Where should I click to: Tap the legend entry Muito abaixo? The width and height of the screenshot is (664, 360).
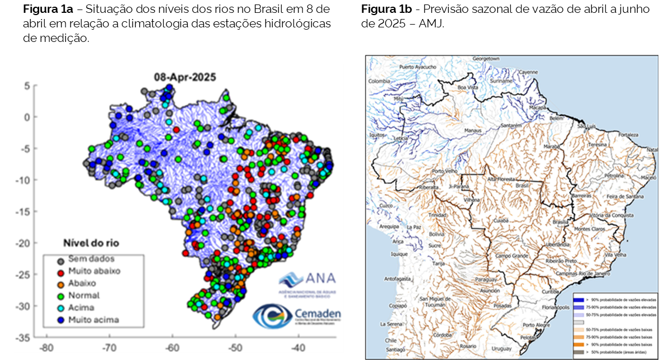pos(94,271)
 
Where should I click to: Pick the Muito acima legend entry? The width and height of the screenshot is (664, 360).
pos(93,320)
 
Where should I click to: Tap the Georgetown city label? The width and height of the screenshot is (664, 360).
pos(485,58)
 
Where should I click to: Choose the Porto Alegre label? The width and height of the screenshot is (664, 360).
pos(534,325)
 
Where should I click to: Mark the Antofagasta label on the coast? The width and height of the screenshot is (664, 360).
pos(397,278)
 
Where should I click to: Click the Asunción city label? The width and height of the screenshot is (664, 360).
pos(490,291)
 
